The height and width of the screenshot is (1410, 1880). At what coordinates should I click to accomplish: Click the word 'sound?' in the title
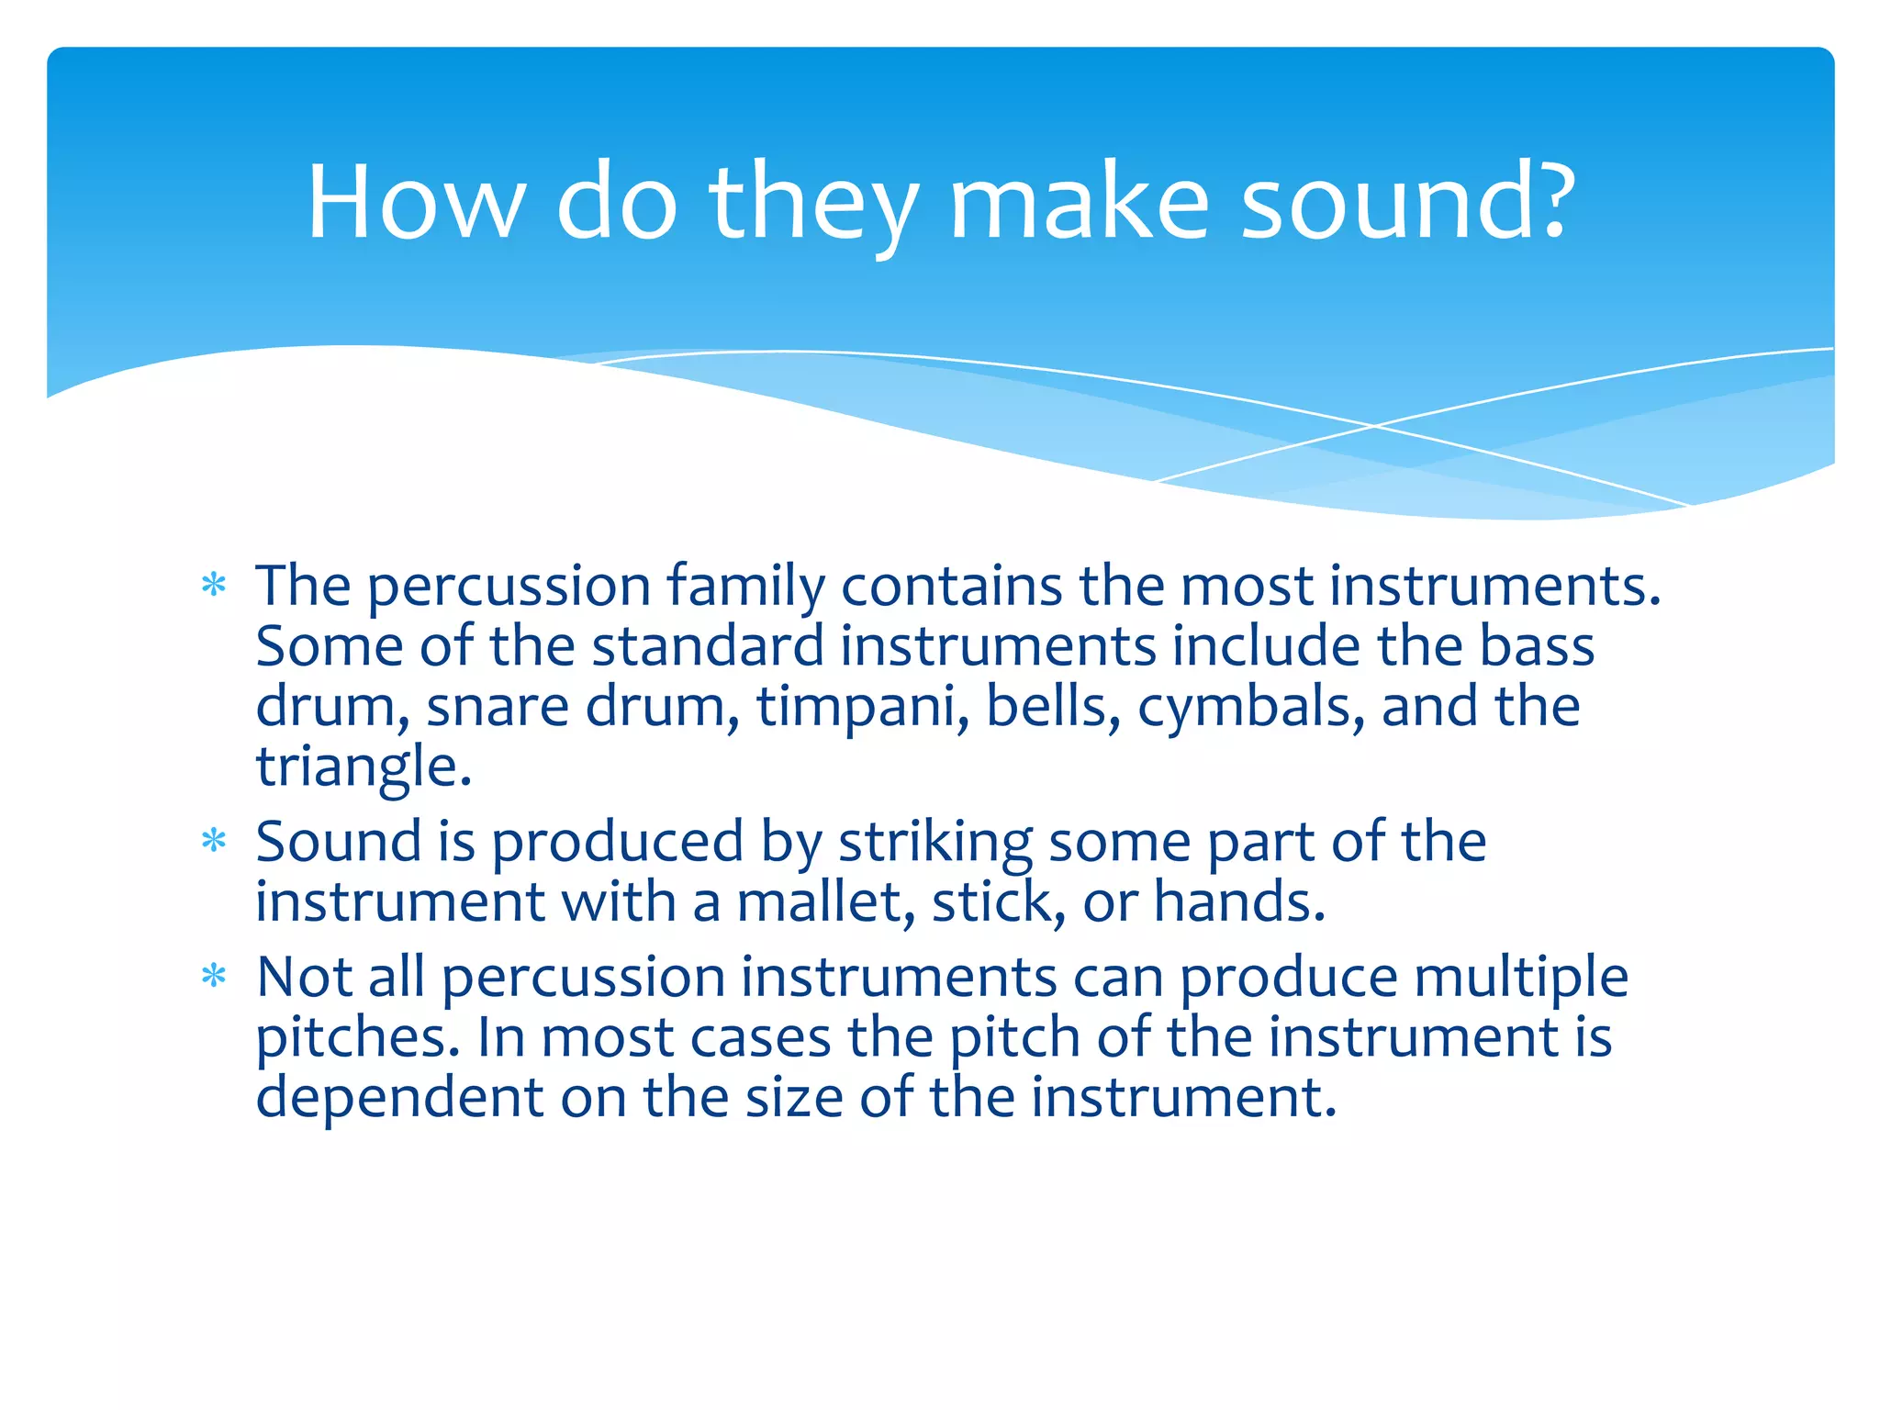click(x=1407, y=204)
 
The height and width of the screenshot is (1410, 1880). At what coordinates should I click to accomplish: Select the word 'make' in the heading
click(x=1079, y=204)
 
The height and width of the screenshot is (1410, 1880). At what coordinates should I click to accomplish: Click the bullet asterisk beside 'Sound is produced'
click(x=214, y=841)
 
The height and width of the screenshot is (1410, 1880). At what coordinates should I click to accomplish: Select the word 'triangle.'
click(x=364, y=767)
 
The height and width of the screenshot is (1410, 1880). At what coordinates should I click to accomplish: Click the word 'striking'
click(x=935, y=843)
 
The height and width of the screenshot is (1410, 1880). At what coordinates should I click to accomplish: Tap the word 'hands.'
click(x=1239, y=902)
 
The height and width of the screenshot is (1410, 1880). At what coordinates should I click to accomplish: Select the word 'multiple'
click(x=1521, y=977)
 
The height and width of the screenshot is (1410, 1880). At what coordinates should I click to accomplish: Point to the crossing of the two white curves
click(x=1374, y=426)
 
